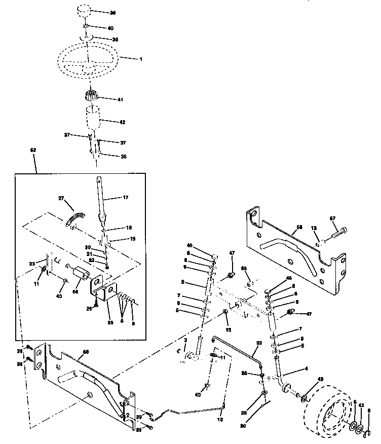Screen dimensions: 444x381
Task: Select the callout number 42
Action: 122,122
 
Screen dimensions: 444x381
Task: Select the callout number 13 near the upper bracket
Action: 314,228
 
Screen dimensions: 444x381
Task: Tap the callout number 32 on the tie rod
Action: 259,343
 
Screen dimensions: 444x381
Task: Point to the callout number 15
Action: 228,330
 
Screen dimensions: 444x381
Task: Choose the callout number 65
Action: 243,268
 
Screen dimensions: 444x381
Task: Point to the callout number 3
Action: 185,340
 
